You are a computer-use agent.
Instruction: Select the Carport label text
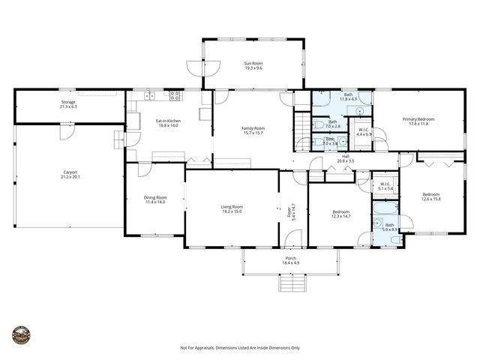coord(70,175)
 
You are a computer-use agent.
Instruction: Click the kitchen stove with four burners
coord(175,95)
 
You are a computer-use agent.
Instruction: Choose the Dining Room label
coord(155,199)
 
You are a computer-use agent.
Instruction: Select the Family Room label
coord(253,130)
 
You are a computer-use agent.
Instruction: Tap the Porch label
coord(290,259)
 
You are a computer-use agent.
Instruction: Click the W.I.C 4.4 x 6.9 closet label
coord(363,132)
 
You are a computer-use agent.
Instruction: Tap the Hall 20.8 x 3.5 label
coord(345,159)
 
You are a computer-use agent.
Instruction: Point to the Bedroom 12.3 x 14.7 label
coord(341,214)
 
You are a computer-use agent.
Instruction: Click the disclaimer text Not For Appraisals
coord(240,348)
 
